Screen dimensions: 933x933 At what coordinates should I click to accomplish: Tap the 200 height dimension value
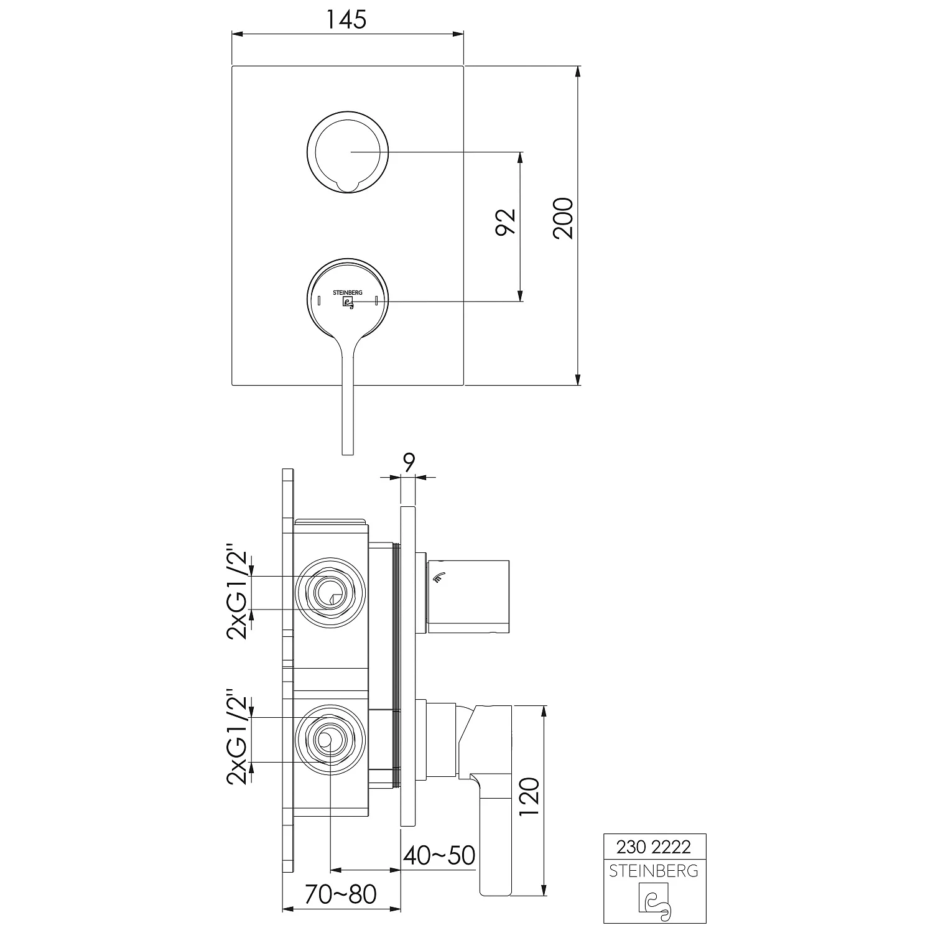(x=564, y=218)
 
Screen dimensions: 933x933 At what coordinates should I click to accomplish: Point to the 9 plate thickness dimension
(x=409, y=463)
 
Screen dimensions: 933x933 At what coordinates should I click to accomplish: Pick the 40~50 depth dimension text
(x=439, y=855)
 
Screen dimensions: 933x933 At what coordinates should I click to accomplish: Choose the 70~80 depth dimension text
(x=341, y=894)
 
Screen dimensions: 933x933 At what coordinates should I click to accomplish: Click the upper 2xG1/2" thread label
(x=238, y=595)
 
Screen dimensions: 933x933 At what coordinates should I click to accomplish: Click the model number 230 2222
(x=654, y=847)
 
